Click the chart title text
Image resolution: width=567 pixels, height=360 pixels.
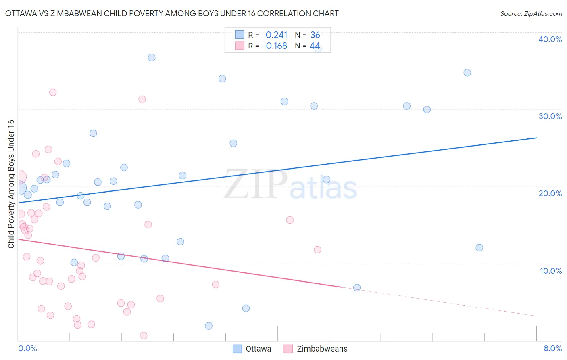[172, 13]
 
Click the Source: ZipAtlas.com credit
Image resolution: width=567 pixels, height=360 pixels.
[531, 13]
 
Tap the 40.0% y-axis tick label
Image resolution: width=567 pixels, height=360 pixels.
[550, 39]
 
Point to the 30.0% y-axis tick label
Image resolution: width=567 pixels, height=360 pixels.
[550, 116]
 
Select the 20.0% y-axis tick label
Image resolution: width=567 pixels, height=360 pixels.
[550, 193]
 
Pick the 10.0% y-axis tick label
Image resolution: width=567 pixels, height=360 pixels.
[550, 271]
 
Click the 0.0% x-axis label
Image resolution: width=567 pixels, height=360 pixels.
[27, 348]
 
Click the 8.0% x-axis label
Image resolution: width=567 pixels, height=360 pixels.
[552, 348]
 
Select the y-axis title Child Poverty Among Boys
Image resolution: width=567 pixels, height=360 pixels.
[11, 184]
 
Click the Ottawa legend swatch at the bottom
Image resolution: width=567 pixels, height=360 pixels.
[238, 349]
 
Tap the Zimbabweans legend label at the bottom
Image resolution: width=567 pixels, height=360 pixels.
[322, 349]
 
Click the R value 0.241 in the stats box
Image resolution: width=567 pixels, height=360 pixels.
[276, 35]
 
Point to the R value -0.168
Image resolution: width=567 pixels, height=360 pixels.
[274, 46]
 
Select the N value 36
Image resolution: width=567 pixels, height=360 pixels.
[315, 35]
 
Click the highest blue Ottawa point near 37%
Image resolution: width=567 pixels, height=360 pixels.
[152, 57]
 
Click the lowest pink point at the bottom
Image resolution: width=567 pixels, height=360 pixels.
[144, 335]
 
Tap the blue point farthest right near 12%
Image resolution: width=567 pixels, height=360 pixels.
[479, 247]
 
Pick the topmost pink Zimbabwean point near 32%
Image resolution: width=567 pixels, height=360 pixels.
[53, 92]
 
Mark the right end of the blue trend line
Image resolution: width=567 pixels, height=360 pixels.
[536, 138]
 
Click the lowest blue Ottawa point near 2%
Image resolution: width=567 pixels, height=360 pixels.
[208, 326]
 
